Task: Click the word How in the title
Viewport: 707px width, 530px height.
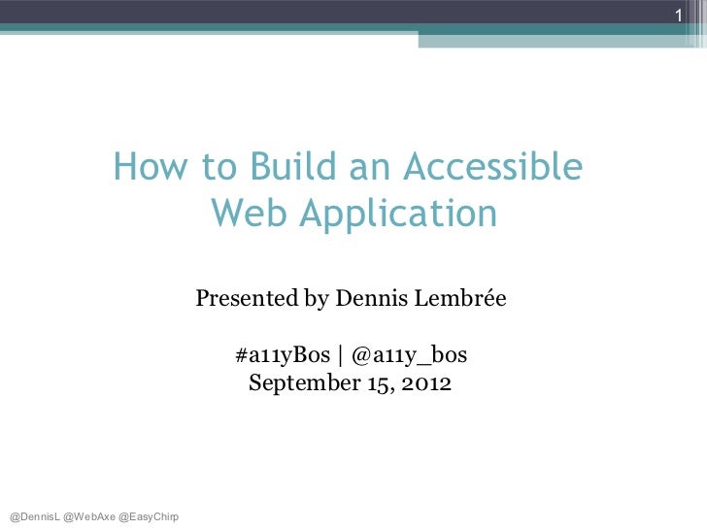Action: pyautogui.click(x=143, y=169)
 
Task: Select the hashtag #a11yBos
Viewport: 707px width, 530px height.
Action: pyautogui.click(x=282, y=356)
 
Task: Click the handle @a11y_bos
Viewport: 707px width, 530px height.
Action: pyautogui.click(x=409, y=356)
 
